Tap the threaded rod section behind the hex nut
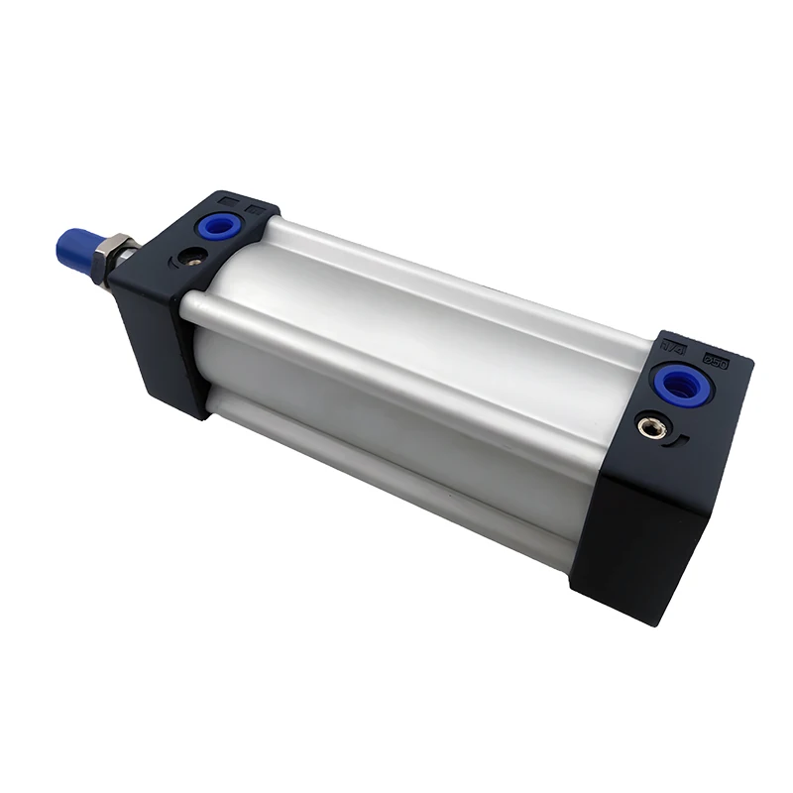click(x=129, y=260)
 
